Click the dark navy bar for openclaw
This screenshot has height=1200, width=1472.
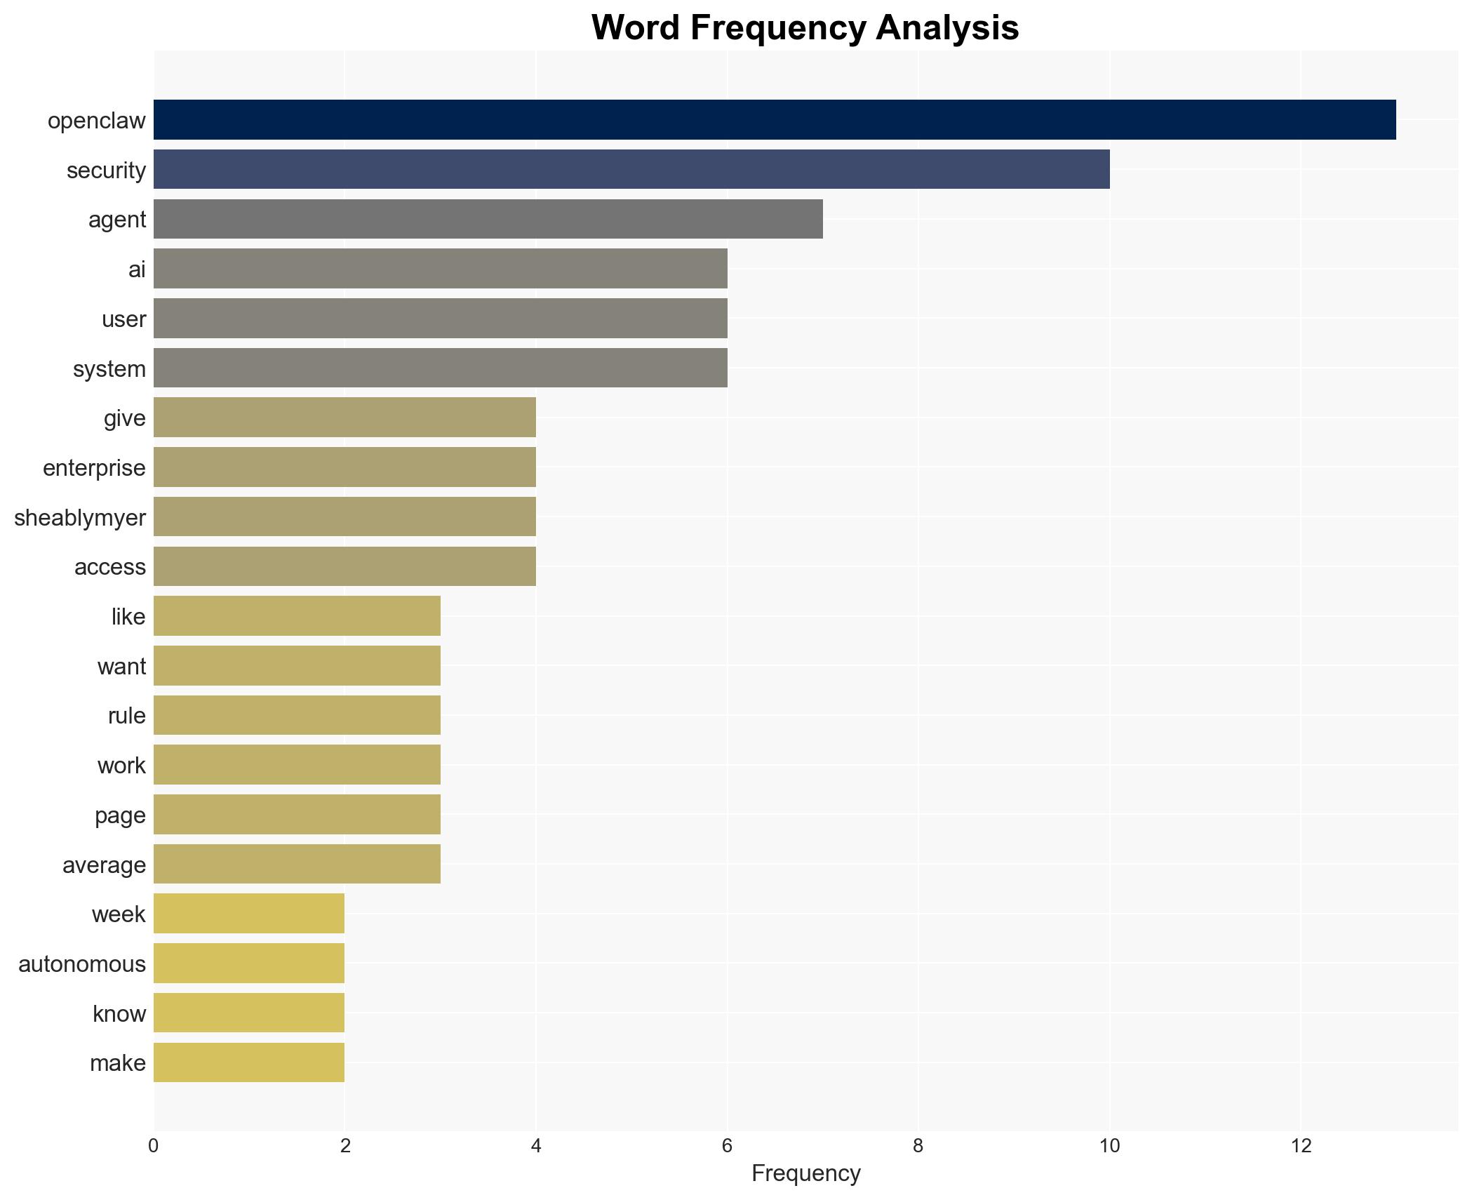[x=775, y=120]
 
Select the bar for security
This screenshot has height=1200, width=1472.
[x=631, y=169]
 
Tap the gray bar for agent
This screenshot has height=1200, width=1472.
[x=488, y=219]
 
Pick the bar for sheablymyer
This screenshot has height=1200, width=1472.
[x=344, y=516]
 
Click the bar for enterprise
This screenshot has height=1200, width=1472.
[x=344, y=467]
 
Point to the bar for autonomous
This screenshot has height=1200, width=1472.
[x=249, y=964]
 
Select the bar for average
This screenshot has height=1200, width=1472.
[x=297, y=864]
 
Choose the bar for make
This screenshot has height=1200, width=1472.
[x=249, y=1062]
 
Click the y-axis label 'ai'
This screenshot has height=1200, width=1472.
[x=137, y=269]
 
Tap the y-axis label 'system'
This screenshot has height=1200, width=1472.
[x=109, y=368]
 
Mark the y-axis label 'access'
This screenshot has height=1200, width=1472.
[x=110, y=566]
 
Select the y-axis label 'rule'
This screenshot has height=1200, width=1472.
[x=127, y=715]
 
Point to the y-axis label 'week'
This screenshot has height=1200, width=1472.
[x=119, y=914]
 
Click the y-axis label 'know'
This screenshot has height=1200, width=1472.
[x=119, y=1013]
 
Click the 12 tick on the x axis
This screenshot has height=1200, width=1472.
[x=1301, y=1146]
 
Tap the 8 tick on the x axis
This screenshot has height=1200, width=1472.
[x=918, y=1146]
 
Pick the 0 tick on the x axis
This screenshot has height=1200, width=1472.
[x=154, y=1146]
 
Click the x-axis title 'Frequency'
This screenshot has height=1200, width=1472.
[x=805, y=1173]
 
